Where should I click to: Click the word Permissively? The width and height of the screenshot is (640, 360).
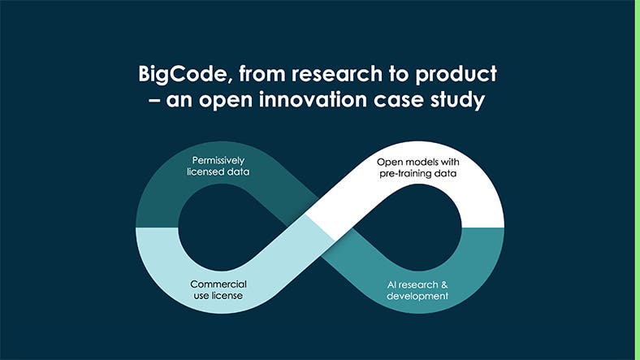click(218, 159)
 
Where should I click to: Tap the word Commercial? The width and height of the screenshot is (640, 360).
click(218, 284)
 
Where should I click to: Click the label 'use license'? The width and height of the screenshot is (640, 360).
click(218, 297)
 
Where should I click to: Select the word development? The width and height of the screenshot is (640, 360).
click(415, 297)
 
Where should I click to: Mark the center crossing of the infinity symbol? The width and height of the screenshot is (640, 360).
click(319, 228)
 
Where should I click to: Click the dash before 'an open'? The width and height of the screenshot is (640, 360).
click(152, 102)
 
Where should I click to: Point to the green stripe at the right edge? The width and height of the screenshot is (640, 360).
click(637, 180)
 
